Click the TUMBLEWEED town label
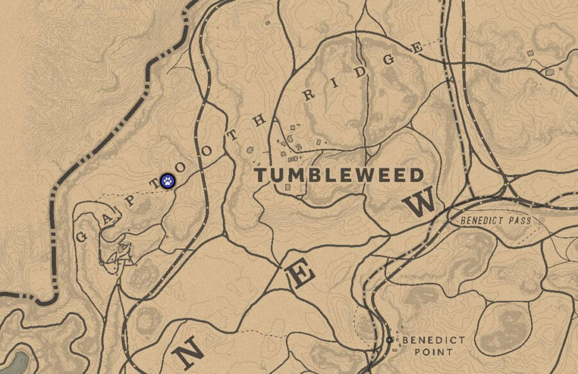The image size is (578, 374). (x=340, y=175)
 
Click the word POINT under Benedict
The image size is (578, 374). (x=425, y=352)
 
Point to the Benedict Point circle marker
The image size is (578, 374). (x=390, y=339)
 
